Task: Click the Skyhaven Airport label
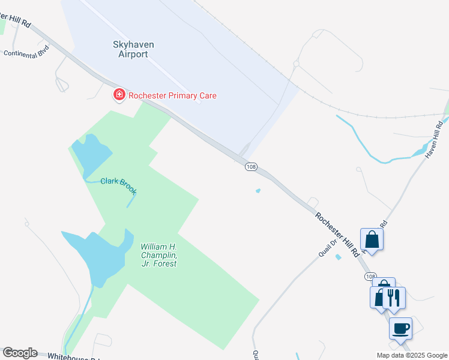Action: coord(130,49)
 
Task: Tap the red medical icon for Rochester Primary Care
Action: coord(119,95)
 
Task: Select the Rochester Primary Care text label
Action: coord(173,95)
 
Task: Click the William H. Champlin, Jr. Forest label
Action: coord(158,255)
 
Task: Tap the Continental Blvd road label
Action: coord(26,53)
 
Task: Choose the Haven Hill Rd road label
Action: coord(433,140)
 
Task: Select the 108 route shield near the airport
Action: coord(251,166)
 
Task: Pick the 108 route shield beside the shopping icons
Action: coord(370,276)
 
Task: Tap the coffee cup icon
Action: coord(400,328)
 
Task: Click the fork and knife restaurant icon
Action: coord(394,297)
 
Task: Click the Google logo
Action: coord(20,353)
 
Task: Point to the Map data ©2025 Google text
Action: coord(412,355)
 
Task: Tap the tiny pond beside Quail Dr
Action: coord(339,257)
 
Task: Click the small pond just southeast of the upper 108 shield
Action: coord(258,191)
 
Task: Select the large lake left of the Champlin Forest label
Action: coord(99,255)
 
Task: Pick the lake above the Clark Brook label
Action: coord(92,153)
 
